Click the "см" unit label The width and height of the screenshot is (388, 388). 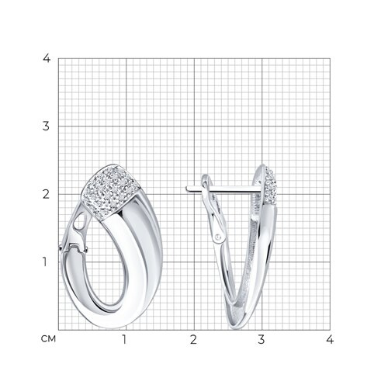(x=48, y=339)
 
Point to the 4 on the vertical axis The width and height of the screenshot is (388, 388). (x=47, y=58)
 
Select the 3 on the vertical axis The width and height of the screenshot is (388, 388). (x=46, y=126)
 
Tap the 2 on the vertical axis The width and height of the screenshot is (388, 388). (x=46, y=194)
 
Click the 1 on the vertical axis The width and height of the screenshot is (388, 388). (x=45, y=262)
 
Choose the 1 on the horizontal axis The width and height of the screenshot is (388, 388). (x=124, y=339)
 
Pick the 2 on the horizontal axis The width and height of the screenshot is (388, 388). (x=193, y=339)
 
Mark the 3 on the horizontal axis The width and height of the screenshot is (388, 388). (x=262, y=339)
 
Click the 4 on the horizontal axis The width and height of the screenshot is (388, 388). (x=330, y=339)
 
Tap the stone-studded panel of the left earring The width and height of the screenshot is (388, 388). (x=110, y=192)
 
